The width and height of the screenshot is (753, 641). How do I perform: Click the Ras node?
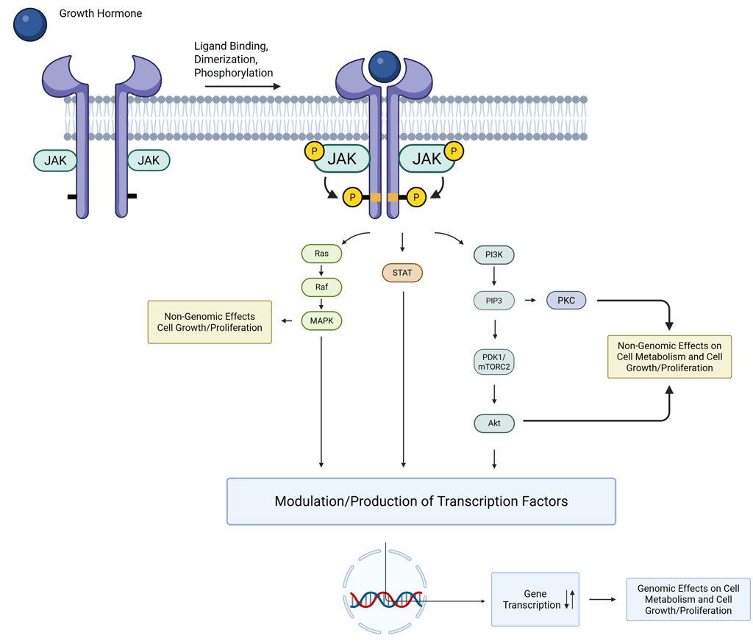coord(321,254)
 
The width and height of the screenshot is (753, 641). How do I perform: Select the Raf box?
coord(321,287)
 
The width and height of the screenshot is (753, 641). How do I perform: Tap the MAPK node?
coord(321,320)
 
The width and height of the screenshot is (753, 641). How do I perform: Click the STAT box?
coord(402,273)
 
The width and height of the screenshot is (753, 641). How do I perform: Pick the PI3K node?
coord(494,255)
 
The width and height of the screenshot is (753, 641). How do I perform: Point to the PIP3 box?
coord(494,300)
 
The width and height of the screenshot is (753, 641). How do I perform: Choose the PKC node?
coord(566,300)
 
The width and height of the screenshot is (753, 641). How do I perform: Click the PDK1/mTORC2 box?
coord(494,362)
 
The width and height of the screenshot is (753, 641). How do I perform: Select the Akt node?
coord(494,423)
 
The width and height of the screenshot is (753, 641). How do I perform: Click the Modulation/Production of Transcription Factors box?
coord(421,501)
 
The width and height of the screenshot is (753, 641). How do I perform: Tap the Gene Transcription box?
coord(535,599)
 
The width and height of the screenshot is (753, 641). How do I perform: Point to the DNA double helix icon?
coord(386,600)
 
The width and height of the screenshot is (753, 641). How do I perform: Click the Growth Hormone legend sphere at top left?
coord(30,24)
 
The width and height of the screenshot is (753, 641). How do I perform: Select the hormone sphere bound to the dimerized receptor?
coord(384,66)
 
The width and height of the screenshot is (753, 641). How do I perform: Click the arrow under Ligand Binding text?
coord(243,87)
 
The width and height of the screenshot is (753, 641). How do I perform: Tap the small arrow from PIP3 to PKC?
coord(529,300)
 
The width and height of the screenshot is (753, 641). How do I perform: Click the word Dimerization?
coord(226,60)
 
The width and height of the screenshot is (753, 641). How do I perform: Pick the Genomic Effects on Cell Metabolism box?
coord(688,599)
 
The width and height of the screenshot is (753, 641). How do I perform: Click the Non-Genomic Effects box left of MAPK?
coord(210,322)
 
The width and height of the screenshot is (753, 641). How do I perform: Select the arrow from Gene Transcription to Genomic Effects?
coord(602,599)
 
